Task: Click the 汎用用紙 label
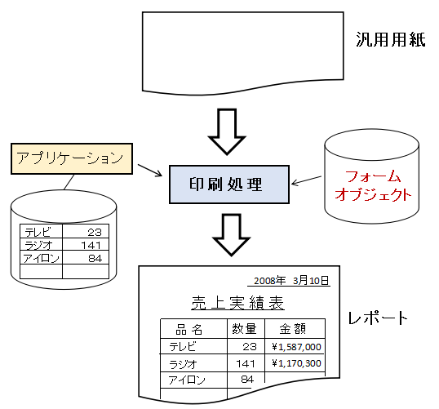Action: point(391,39)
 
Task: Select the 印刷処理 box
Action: point(229,184)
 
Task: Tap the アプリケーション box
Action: point(72,159)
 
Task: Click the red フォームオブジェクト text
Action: point(373,185)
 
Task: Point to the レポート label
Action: point(378,318)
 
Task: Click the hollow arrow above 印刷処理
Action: point(227,131)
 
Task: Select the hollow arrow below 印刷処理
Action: point(231,235)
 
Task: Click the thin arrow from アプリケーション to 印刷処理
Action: point(150,171)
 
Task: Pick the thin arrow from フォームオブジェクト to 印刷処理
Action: point(306,180)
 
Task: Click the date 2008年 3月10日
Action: point(291,280)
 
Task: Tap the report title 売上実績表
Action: point(237,303)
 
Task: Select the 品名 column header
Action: point(189,330)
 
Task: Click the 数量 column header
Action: point(244,329)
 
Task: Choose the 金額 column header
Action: point(293,329)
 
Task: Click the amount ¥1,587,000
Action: point(296,347)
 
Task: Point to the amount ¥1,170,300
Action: point(296,363)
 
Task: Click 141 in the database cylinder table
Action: point(91,246)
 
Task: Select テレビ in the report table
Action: point(183,347)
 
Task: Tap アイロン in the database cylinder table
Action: point(41,258)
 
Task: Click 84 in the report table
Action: point(247,380)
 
